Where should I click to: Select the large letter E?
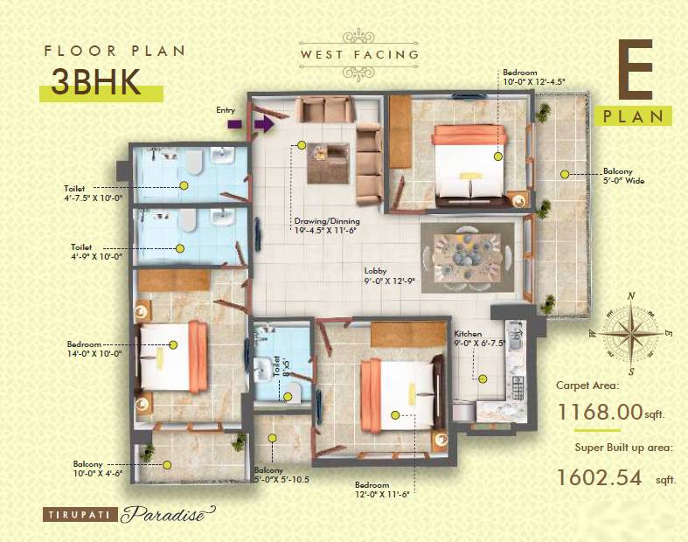[639, 70]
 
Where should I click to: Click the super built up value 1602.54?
[599, 477]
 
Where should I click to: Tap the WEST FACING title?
[359, 54]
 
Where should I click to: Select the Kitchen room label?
[469, 335]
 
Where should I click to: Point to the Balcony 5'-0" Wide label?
[623, 177]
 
